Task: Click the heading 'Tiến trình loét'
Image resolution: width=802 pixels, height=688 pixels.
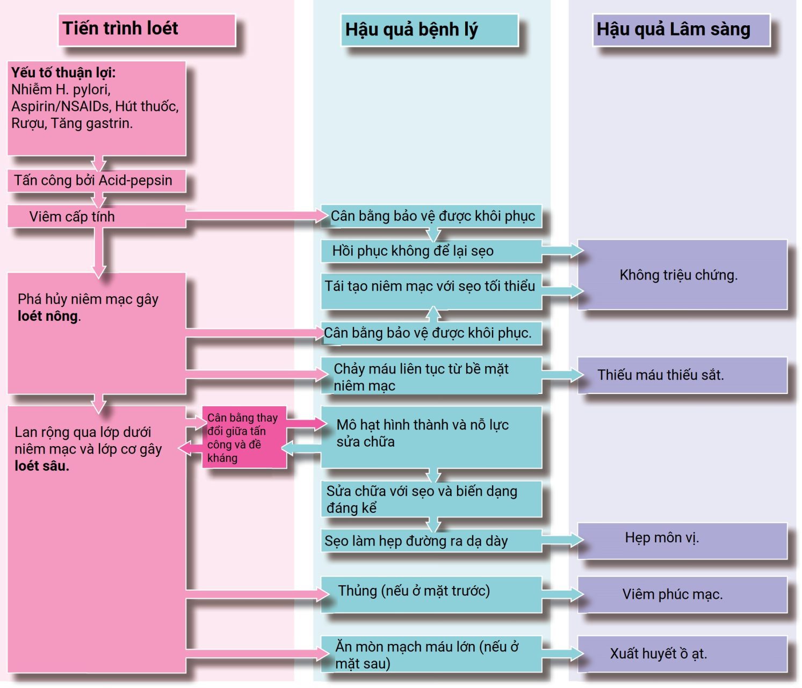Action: [120, 28]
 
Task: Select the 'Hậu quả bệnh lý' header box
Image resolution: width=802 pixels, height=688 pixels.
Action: [430, 30]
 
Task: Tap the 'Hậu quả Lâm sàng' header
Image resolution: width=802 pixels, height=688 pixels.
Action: [681, 30]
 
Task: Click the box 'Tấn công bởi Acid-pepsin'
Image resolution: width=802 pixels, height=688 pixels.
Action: [97, 181]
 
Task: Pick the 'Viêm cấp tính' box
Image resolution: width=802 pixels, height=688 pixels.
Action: [97, 216]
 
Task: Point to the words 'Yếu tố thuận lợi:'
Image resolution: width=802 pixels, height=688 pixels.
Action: [63, 73]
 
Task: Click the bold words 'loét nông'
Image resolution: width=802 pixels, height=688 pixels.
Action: [48, 316]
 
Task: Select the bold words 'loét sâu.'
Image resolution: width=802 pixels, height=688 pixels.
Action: [42, 466]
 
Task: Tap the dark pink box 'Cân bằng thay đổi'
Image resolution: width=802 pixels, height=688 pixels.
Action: [244, 437]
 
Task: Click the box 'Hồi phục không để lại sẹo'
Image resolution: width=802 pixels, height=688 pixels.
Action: [431, 251]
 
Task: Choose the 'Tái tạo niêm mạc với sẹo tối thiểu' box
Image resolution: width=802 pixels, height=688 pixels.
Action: [431, 291]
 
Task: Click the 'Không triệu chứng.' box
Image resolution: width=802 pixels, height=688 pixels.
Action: [682, 275]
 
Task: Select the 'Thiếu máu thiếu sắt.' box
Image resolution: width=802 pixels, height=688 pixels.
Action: [682, 376]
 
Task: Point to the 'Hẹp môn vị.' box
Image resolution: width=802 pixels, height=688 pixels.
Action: [682, 541]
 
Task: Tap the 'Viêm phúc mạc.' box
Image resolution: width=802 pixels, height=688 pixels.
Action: [682, 594]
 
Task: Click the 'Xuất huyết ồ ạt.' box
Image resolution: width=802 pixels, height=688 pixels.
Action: [682, 654]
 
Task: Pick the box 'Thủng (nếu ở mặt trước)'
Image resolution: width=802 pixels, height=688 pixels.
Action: [431, 594]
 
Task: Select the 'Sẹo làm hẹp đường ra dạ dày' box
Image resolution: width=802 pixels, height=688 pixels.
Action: [431, 541]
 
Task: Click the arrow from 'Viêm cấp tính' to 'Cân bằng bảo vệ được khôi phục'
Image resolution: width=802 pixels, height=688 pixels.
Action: [257, 216]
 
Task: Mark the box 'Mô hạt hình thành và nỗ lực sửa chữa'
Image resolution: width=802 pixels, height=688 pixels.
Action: [431, 437]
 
